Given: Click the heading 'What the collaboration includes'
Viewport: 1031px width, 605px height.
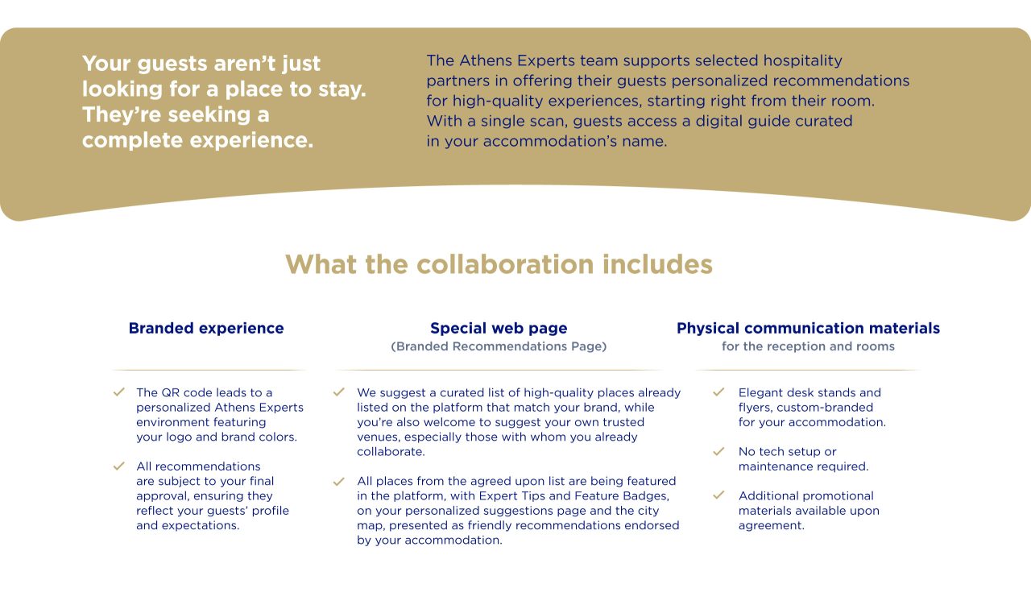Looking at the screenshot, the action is (x=499, y=264).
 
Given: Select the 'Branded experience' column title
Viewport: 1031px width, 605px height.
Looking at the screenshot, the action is (x=206, y=329).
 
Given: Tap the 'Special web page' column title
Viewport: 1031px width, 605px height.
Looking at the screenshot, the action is (x=499, y=329).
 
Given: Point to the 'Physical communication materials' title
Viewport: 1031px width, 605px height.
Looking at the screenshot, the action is (x=808, y=329).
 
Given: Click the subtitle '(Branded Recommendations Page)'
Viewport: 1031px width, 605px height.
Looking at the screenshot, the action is (x=499, y=346).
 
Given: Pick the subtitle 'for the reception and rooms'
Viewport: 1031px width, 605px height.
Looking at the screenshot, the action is (x=808, y=346).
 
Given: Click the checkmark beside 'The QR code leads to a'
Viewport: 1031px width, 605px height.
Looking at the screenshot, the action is (x=119, y=392).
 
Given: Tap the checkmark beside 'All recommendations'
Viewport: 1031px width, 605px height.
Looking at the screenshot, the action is (x=119, y=466).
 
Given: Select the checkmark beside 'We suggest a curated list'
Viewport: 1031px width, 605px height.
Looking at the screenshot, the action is (x=339, y=392).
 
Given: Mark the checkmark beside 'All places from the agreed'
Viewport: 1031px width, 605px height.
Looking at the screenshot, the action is (x=339, y=481).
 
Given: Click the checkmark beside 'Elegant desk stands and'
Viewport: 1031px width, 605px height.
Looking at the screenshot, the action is (x=719, y=392).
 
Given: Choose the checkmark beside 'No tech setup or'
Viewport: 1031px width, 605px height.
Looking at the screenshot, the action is (x=719, y=451).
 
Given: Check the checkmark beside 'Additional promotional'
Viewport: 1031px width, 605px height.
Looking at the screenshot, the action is (x=719, y=495).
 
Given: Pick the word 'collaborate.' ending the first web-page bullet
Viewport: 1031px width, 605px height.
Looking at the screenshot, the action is (x=391, y=452).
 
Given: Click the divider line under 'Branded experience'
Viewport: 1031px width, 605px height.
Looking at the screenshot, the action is (x=209, y=370).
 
